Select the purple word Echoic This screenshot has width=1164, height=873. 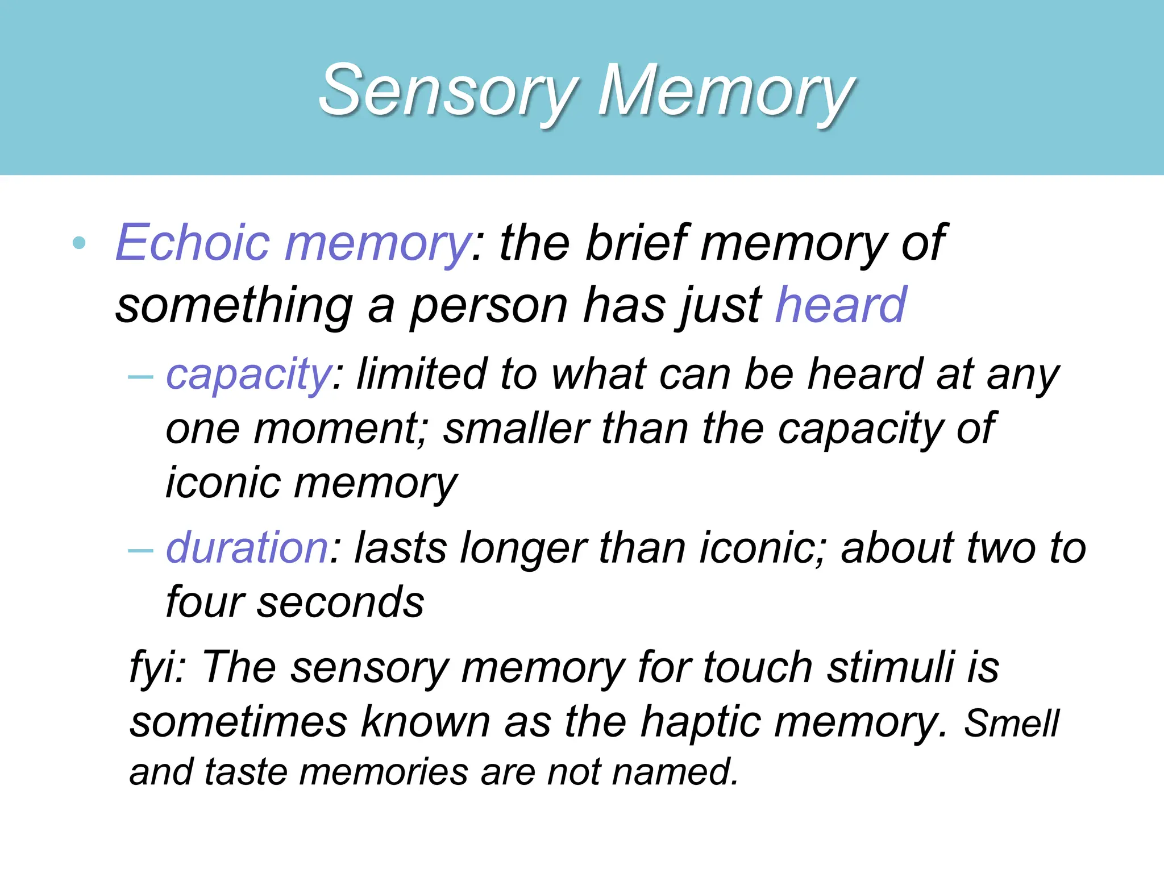(193, 243)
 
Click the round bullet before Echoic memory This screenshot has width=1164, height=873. (80, 244)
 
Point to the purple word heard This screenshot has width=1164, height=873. (841, 305)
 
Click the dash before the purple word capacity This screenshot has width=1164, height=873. (141, 377)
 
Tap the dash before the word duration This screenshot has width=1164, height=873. (141, 550)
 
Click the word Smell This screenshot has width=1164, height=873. (1011, 724)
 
